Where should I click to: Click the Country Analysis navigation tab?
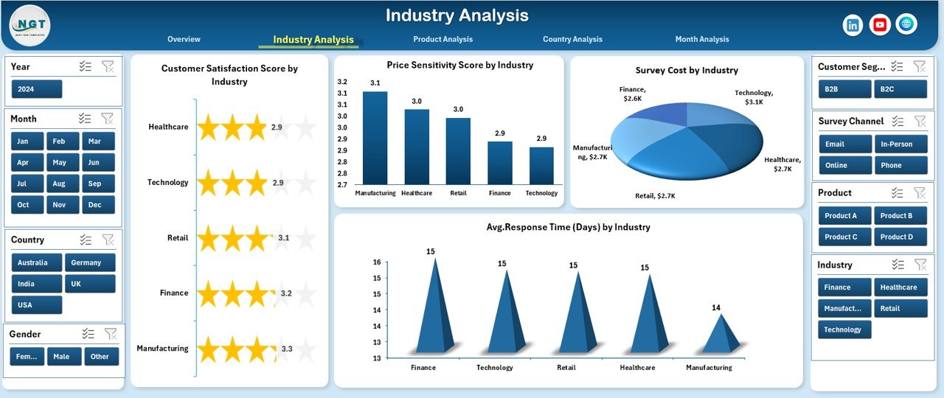[x=572, y=39]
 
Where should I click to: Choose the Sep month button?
[x=94, y=184]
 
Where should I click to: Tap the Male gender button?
[x=64, y=357]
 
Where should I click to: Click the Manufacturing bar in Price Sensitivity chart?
[x=375, y=138]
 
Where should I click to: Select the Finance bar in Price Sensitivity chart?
[x=499, y=163]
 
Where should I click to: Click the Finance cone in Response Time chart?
[x=434, y=310]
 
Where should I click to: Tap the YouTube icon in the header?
[x=879, y=25]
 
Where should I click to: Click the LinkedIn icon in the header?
[x=853, y=25]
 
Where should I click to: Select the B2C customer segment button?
[x=900, y=89]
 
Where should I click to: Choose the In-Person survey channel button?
[x=900, y=144]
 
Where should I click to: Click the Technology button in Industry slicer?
[x=844, y=330]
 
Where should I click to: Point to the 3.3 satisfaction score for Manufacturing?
[x=286, y=349]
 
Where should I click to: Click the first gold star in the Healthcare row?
[x=209, y=128]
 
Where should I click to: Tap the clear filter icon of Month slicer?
[x=108, y=119]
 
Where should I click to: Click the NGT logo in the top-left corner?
[x=30, y=24]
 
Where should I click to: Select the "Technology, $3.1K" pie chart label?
[x=754, y=97]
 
